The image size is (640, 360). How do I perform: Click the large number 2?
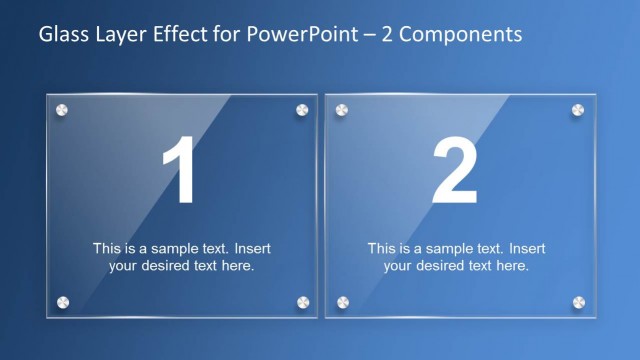pyautogui.click(x=456, y=172)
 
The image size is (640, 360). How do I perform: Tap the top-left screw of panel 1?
pyautogui.click(x=62, y=109)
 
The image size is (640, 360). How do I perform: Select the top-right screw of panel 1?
pyautogui.click(x=302, y=109)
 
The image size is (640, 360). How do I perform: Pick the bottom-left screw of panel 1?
pyautogui.click(x=62, y=301)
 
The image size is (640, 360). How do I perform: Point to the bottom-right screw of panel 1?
pyautogui.click(x=302, y=301)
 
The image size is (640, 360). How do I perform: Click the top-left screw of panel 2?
pyautogui.click(x=342, y=109)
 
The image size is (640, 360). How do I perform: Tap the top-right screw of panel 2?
pyautogui.click(x=578, y=109)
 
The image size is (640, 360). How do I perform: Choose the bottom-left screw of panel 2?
pyautogui.click(x=342, y=301)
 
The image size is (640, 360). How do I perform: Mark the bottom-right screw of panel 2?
pyautogui.click(x=578, y=301)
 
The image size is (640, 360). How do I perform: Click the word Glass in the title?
pyautogui.click(x=61, y=35)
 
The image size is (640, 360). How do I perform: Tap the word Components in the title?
pyautogui.click(x=457, y=35)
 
